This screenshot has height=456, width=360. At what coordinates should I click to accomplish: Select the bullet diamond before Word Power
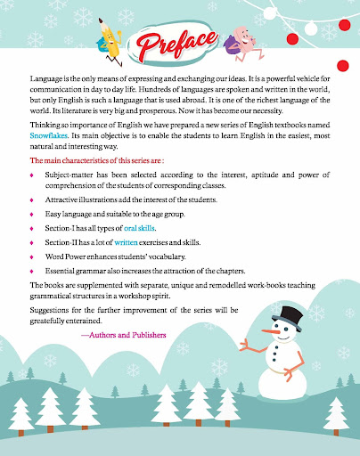click(x=32, y=256)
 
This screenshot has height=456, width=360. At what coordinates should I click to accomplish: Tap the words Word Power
click(x=67, y=256)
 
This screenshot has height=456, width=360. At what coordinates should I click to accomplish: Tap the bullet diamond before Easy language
click(x=32, y=215)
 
